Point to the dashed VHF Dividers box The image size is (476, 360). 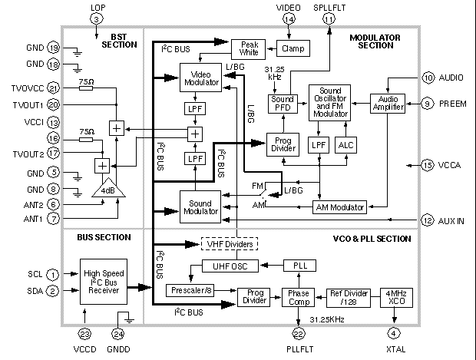228,244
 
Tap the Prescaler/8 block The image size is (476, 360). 190,290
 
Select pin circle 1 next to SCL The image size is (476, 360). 52,274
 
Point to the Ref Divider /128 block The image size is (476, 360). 345,297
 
